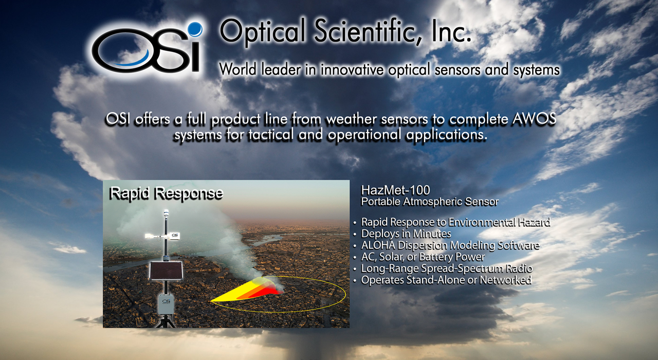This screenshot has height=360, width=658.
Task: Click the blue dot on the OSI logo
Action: coord(195,29)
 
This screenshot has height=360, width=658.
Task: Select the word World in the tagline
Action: coord(237,69)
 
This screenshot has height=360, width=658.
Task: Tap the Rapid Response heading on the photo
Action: coord(166,194)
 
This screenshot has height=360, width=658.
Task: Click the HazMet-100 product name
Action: coord(395,190)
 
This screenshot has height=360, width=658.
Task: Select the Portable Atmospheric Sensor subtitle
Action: coord(430,202)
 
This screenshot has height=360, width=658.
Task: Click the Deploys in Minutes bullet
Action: coord(406,233)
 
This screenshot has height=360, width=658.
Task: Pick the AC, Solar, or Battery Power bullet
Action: coord(423,257)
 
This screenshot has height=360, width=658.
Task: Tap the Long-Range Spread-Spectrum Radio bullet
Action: coord(447,268)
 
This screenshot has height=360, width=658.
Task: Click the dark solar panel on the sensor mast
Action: coord(166,271)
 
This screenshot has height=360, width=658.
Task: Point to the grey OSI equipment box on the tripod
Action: coord(166,304)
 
